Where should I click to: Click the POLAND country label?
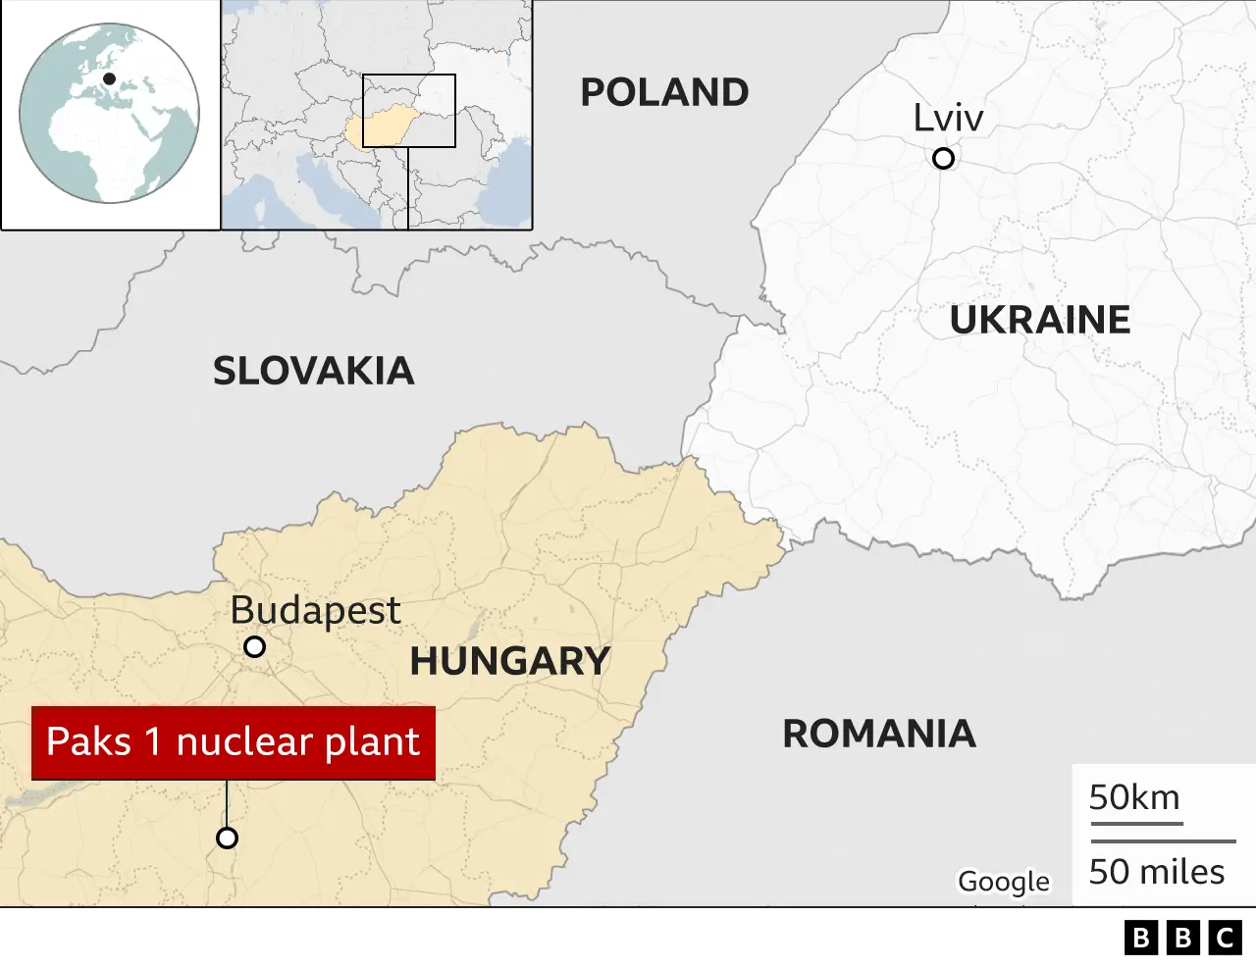(664, 93)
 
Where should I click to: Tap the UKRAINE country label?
(1039, 321)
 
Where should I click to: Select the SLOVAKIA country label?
(313, 372)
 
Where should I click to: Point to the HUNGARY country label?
(509, 661)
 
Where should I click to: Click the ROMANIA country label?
(878, 734)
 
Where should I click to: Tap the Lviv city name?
(948, 119)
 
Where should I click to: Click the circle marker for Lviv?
(943, 158)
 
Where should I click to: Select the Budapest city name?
(315, 611)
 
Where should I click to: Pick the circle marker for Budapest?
(254, 647)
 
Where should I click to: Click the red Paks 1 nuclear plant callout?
(234, 742)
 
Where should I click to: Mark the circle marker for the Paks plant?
(227, 839)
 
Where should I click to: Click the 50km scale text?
(1134, 798)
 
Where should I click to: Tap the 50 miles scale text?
(1157, 872)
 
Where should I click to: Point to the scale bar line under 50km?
(1136, 824)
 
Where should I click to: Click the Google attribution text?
(1003, 882)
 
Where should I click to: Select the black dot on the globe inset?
(109, 78)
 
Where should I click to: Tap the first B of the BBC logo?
(1140, 939)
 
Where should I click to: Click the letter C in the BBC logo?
(1226, 939)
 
